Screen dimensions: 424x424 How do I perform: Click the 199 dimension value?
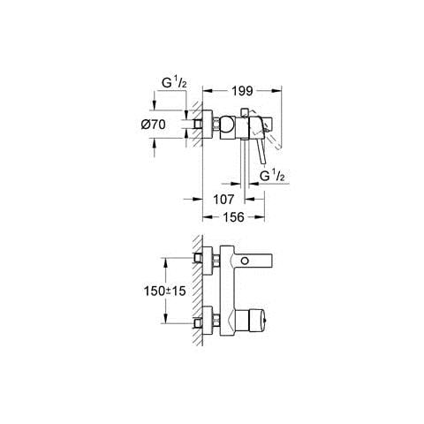point(242,91)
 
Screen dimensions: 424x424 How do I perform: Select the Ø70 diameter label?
point(153,125)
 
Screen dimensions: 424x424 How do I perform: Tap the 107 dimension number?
point(223,200)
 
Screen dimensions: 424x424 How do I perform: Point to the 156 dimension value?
point(233,217)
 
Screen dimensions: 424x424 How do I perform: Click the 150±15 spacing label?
point(165,291)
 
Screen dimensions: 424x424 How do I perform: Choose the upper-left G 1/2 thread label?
point(174,83)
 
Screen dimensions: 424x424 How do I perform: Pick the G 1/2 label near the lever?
point(272,176)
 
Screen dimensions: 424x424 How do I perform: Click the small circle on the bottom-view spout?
point(245,261)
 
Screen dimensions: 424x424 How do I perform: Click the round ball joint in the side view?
point(228,126)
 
